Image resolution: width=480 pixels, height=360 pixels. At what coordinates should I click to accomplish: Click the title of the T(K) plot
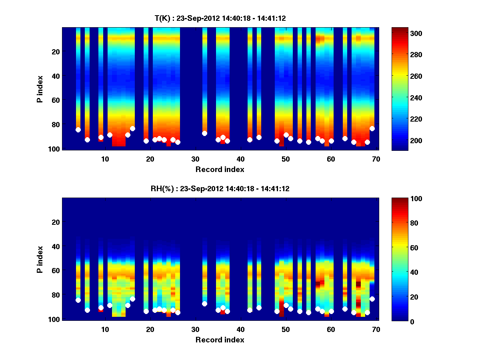(220, 18)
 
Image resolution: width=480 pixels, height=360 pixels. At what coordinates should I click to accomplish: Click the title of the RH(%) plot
(220, 188)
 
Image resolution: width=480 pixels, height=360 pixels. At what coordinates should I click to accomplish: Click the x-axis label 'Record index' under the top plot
(220, 169)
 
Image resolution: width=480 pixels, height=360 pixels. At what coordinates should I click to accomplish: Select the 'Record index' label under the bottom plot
(220, 340)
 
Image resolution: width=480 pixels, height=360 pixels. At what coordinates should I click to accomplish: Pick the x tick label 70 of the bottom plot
(376, 329)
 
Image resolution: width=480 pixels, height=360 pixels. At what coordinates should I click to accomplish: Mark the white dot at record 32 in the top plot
(204, 133)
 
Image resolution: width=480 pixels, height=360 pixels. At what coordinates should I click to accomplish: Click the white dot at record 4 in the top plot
(78, 130)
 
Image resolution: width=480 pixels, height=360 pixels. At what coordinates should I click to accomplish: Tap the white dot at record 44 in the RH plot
(259, 308)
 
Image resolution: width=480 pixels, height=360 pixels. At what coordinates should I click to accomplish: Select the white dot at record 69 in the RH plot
(372, 299)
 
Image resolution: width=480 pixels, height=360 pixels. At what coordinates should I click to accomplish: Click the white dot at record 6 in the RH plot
(87, 310)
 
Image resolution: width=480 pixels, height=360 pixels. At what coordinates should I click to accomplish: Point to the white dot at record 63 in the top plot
(345, 138)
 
